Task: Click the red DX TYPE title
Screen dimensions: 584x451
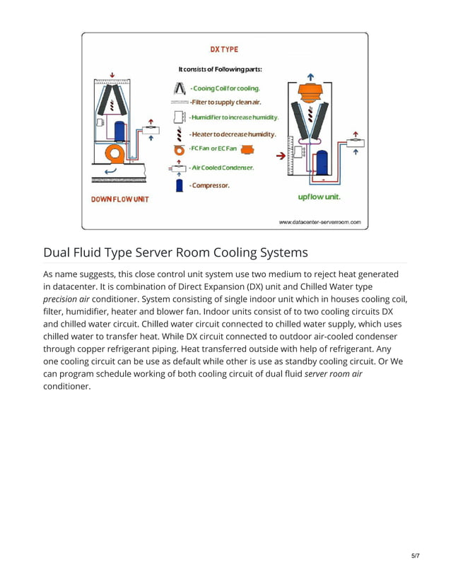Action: click(224, 50)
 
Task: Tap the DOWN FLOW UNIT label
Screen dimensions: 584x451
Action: click(120, 199)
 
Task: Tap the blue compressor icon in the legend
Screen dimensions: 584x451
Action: click(180, 185)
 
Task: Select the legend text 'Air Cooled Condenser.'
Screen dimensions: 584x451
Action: click(222, 168)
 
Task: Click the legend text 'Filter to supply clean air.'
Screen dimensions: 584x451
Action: click(225, 103)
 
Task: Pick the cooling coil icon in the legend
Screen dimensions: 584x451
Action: click(180, 88)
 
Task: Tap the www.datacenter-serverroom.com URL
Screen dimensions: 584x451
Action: click(320, 222)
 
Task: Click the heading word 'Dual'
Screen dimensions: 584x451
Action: click(61, 252)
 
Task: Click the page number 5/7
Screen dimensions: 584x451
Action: click(416, 556)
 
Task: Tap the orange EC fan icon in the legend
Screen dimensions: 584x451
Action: click(248, 149)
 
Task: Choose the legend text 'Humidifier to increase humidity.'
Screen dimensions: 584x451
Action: click(234, 117)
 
